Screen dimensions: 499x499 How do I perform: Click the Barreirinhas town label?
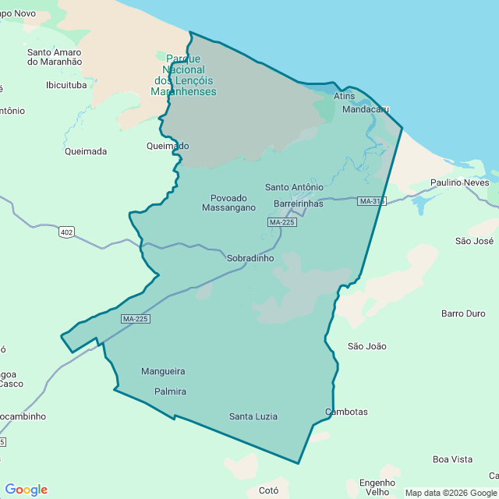point(298,203)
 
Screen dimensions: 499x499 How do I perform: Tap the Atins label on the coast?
point(344,96)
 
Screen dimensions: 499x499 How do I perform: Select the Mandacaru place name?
point(366,109)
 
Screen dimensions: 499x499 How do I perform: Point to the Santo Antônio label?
point(294,187)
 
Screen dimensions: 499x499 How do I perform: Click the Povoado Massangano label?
point(228,203)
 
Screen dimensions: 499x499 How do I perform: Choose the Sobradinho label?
point(250,258)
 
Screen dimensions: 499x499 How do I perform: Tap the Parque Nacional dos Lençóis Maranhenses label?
point(184,75)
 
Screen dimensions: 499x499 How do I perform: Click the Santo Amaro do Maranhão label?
point(54,58)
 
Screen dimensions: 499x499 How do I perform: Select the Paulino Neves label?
point(459,182)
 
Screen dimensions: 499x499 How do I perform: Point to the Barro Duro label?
point(463,313)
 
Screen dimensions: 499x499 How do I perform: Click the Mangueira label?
point(164,371)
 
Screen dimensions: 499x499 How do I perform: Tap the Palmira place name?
point(170,391)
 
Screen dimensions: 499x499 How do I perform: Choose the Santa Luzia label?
point(253,416)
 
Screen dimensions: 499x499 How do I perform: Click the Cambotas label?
point(346,412)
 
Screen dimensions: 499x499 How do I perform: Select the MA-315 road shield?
point(372,201)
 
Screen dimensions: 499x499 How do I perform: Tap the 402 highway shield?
point(66,232)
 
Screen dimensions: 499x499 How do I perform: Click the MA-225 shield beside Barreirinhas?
point(281,222)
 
